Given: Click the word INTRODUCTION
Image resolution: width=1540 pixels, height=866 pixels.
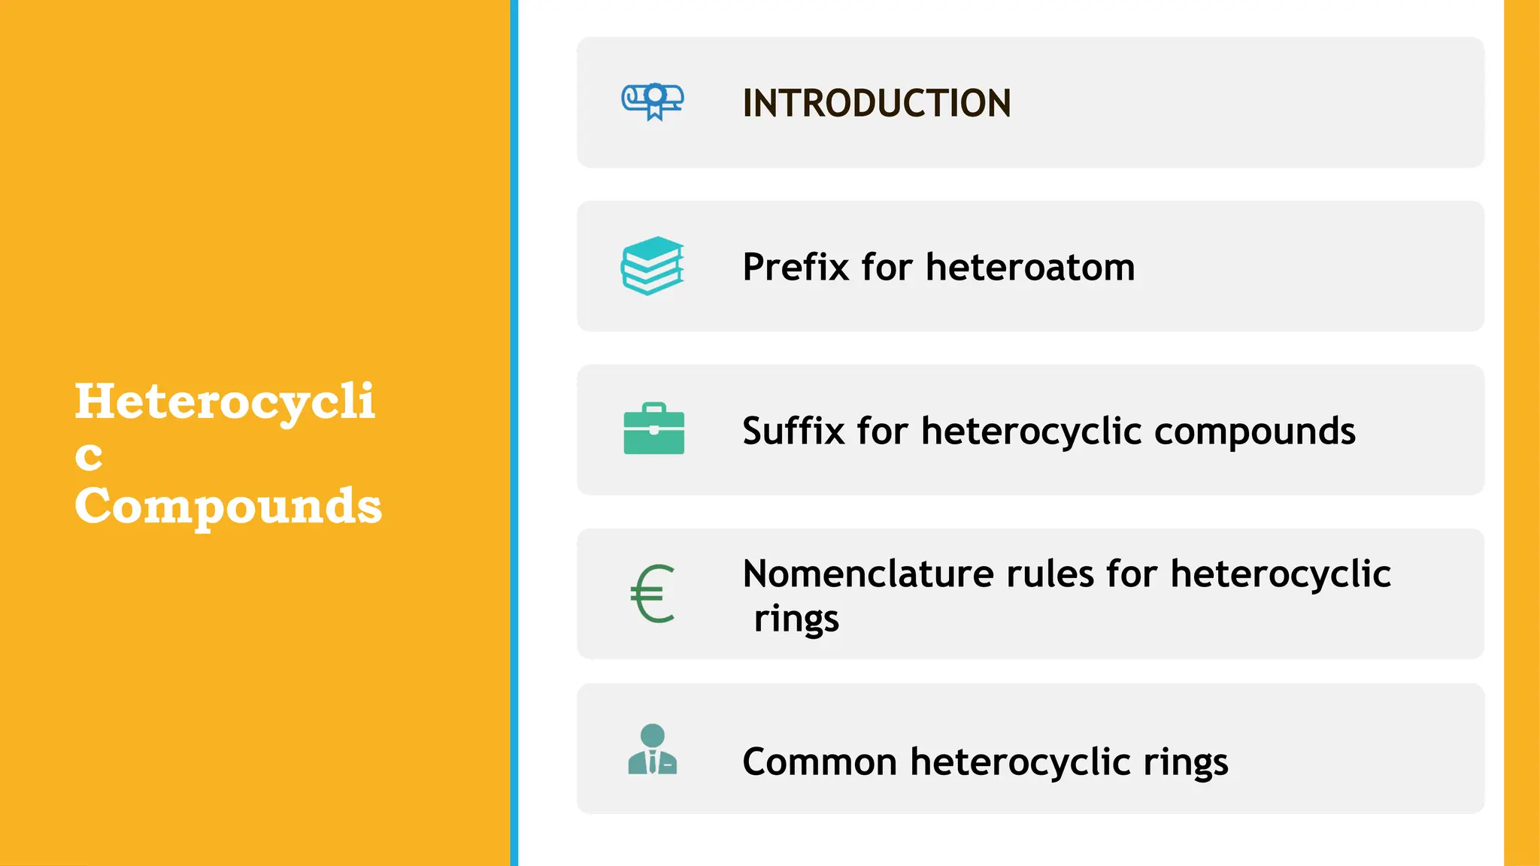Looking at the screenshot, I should pos(876,103).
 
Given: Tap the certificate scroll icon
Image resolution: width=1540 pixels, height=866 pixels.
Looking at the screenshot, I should pos(653,101).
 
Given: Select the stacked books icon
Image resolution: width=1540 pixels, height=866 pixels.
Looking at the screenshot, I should pos(653,265).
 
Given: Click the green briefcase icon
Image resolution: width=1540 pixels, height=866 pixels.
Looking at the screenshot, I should pos(653,429).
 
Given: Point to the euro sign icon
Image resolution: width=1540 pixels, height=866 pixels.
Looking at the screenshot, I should pos(652,594).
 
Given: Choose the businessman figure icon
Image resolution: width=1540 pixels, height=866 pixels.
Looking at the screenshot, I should pos(652,749).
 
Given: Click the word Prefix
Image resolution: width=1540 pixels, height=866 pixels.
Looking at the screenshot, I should pos(796,267).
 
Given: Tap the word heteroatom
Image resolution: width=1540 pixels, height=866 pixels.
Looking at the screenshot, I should pos(1030,267).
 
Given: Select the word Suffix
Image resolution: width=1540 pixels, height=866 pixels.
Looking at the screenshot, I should pos(793,431).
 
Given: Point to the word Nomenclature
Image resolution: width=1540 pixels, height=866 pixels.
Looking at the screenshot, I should pos(869,574).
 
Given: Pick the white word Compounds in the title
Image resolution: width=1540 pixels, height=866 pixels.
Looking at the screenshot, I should pos(229,507).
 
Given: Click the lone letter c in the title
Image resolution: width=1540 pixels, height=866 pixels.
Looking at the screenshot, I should pos(89,456).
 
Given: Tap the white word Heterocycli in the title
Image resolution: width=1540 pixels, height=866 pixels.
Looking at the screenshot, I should pos(225,402).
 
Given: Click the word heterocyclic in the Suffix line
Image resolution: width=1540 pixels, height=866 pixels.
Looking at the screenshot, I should pos(1032,431).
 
